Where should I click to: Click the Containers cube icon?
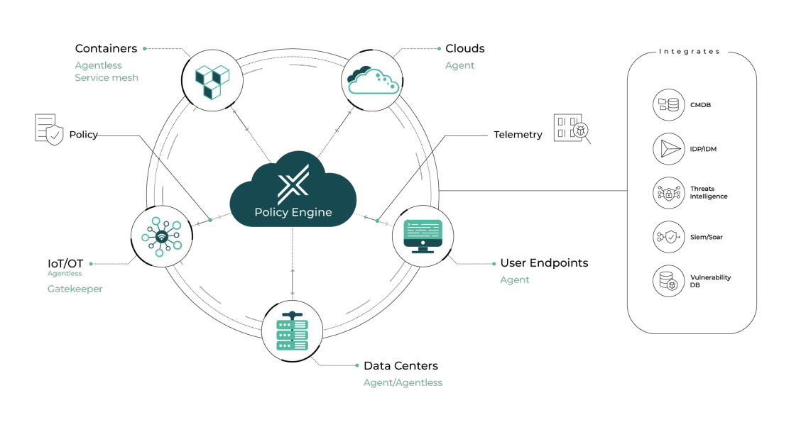[x=212, y=79]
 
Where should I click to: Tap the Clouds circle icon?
[x=372, y=79]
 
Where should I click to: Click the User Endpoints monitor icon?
[x=423, y=236]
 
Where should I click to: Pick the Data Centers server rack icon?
[x=292, y=331]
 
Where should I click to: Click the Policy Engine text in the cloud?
[x=293, y=212]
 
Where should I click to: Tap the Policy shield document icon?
[x=49, y=129]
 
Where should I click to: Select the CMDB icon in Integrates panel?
[x=668, y=105]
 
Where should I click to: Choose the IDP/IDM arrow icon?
[x=668, y=149]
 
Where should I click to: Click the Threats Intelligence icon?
[x=668, y=193]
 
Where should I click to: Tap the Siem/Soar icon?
[x=668, y=237]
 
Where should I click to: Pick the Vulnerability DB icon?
[x=668, y=281]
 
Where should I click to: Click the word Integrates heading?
[x=690, y=52]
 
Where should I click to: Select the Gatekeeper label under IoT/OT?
[x=75, y=289]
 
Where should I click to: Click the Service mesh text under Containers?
[x=107, y=77]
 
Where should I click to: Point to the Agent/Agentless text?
[x=403, y=382]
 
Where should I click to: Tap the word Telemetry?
[x=518, y=135]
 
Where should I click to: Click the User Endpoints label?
[x=544, y=263]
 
